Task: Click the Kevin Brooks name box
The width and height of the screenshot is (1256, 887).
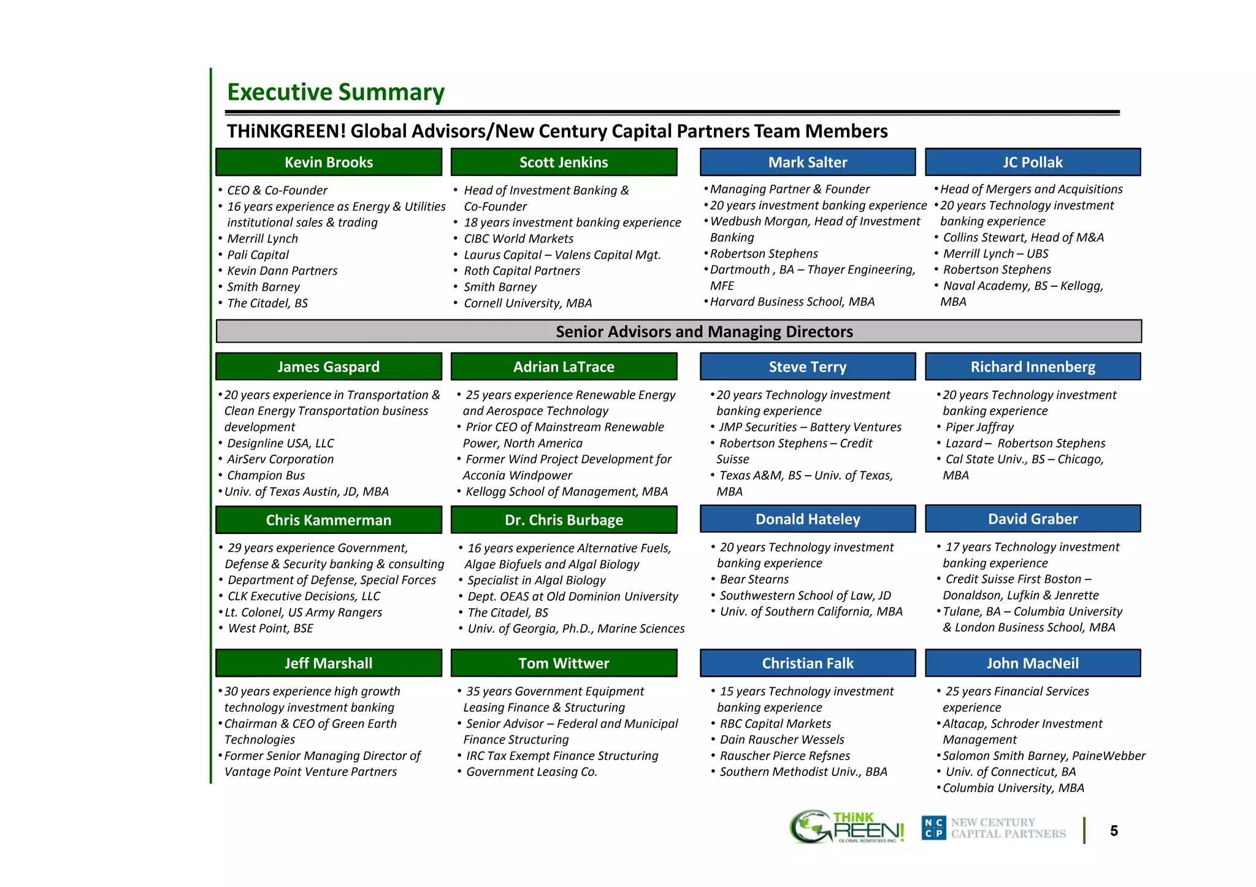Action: point(329,162)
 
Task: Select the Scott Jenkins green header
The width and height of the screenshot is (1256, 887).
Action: point(564,162)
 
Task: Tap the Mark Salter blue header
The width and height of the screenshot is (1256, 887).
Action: point(808,162)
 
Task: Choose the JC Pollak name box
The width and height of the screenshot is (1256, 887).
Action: point(1033,162)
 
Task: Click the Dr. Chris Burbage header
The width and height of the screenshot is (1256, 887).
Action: point(564,520)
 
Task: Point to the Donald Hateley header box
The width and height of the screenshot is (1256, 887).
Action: point(808,519)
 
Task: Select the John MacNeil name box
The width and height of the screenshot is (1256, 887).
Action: point(1033,663)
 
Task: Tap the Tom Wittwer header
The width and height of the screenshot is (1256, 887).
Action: point(564,663)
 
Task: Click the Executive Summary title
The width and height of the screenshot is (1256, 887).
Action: point(335,92)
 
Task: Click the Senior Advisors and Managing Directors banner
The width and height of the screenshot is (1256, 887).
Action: point(678,332)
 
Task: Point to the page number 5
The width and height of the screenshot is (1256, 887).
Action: point(1114,831)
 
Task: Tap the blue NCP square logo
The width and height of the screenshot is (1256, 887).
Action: point(934,828)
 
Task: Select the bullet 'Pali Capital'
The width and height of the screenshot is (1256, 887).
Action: point(258,255)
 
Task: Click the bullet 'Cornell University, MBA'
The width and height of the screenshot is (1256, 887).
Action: point(527,303)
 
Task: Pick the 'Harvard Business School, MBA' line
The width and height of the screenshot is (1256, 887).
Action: point(792,302)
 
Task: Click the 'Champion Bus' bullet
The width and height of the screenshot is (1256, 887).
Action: point(266,476)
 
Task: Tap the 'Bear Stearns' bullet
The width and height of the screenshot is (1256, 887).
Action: point(754,579)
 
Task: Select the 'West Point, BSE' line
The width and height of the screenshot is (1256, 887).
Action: point(270,628)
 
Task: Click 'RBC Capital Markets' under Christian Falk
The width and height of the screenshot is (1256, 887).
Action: point(775,724)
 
